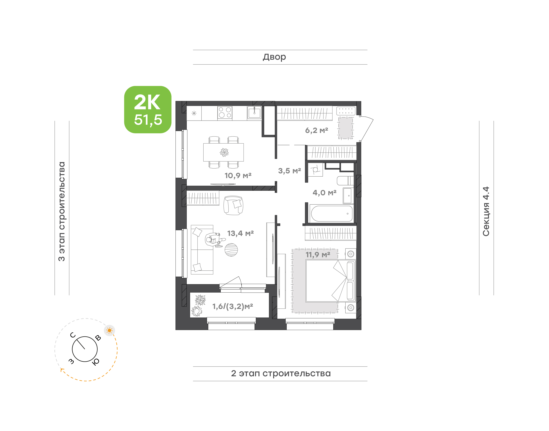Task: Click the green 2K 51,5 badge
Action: point(148,109)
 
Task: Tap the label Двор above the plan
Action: point(274,57)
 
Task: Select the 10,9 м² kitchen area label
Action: point(238,175)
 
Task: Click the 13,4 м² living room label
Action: point(240,233)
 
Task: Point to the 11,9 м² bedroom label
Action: point(318,255)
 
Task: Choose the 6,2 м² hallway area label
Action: point(316,130)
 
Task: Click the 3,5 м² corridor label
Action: point(290,171)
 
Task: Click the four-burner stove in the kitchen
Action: point(225,113)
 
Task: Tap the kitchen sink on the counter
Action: point(254,113)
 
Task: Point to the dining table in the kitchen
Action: point(223,152)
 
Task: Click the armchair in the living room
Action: point(233,205)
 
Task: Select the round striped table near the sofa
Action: point(231,250)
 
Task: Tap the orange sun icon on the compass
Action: point(109,330)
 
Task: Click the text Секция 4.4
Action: point(486,211)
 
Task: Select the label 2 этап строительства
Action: point(281,373)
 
